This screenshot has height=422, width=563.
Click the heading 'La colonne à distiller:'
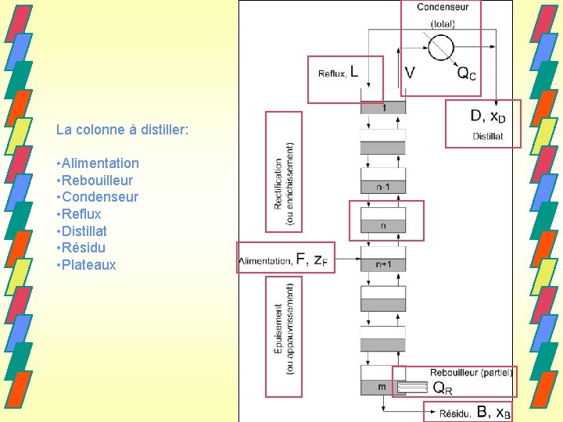click(x=122, y=129)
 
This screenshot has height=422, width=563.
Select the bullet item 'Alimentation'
click(x=99, y=163)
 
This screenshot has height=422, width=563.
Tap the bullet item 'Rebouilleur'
click(x=98, y=181)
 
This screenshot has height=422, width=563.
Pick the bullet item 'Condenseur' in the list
click(x=98, y=197)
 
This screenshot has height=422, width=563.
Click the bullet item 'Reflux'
click(x=79, y=214)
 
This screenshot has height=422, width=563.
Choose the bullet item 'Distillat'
click(x=82, y=231)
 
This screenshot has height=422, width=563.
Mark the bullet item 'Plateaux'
click(x=86, y=265)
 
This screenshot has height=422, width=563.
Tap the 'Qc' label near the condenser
click(x=466, y=73)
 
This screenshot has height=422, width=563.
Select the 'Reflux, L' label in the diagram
click(x=339, y=73)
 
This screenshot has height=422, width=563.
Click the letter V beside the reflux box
click(x=411, y=73)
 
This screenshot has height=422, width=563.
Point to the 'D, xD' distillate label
click(x=488, y=116)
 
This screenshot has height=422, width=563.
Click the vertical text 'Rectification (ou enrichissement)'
click(x=284, y=184)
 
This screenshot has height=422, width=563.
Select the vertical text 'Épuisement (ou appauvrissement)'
click(x=284, y=328)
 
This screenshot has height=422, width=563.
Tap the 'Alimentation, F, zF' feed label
click(x=286, y=260)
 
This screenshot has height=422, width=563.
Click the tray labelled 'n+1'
click(x=383, y=265)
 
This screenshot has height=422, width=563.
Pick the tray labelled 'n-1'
click(x=383, y=187)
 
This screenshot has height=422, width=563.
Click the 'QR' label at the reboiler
click(x=443, y=387)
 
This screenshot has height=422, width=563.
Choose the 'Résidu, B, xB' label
click(x=475, y=412)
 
